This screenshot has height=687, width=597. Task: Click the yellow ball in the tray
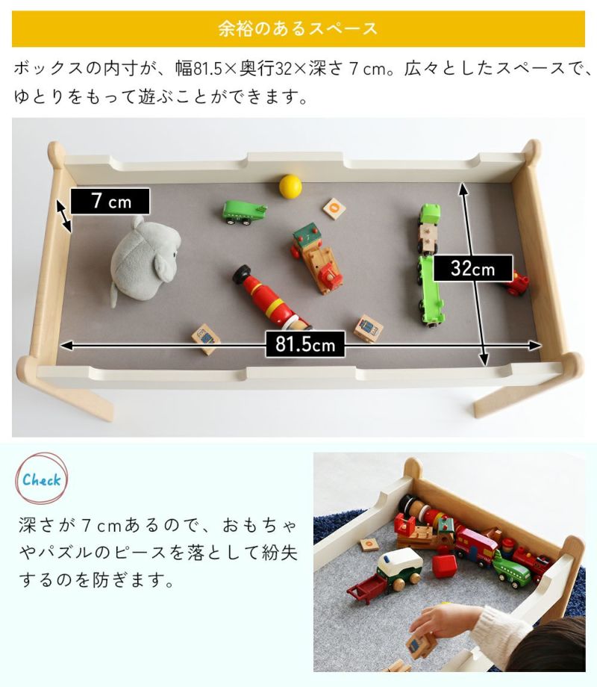coord(290,186)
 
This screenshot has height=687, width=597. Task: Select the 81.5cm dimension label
coord(305,344)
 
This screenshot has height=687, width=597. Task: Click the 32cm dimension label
coord(473,268)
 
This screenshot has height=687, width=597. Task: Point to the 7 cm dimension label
coord(110,202)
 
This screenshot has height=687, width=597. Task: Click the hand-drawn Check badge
coord(42,479)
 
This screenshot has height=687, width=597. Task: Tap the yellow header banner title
coord(298,28)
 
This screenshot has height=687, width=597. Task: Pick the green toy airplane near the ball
coord(243,213)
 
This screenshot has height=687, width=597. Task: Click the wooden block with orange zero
coord(334,208)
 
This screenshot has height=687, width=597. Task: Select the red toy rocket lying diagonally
coord(269,298)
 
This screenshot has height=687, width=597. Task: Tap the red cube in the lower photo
coord(445,566)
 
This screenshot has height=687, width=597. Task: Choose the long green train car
coord(430,290)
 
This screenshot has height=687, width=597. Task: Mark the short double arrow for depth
coord(64,216)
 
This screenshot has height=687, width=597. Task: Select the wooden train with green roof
coord(316,258)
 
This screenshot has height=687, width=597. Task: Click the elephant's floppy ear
coord(164,267)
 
